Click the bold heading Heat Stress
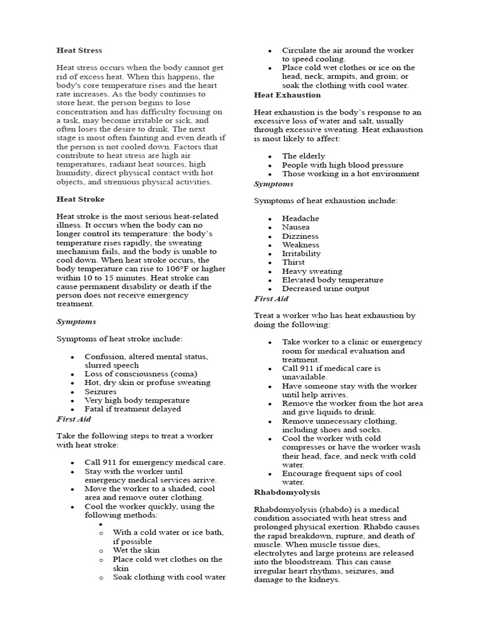coord(79,50)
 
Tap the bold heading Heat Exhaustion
coord(287,95)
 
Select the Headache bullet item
coord(301,219)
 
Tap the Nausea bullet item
coord(296,227)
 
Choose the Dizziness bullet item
coord(300,236)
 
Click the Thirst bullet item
coord(294,262)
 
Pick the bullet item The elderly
coord(303,156)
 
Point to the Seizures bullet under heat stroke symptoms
coord(101,391)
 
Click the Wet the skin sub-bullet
coord(136,550)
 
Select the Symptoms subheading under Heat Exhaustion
coord(273,184)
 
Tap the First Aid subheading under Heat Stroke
coord(74,419)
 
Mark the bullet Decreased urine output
coord(326,289)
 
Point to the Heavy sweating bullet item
coord(312,271)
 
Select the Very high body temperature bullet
coord(137,400)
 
